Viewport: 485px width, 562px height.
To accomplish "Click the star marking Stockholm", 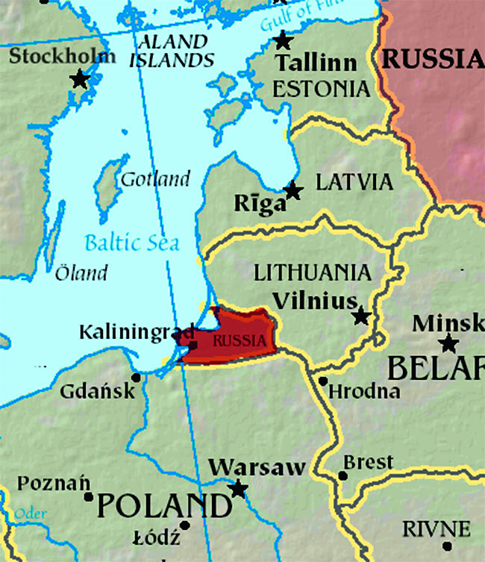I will click(79, 78).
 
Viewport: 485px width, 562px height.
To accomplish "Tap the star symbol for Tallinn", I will click(283, 40).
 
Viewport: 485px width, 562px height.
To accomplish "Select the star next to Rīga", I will click(293, 191).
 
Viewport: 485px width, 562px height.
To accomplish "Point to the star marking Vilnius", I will click(362, 316).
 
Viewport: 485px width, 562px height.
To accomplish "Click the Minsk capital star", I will click(448, 343).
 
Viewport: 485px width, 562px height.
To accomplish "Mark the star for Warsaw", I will click(238, 490).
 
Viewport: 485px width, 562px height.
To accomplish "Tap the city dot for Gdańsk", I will click(135, 377).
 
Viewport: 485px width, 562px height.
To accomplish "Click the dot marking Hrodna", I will click(322, 381).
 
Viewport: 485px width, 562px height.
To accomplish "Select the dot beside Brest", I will click(342, 475).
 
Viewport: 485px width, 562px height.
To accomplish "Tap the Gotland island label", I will click(155, 179).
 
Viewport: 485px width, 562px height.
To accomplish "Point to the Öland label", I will click(81, 272).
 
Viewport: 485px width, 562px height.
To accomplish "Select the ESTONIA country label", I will click(321, 89).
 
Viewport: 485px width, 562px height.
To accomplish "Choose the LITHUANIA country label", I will click(312, 272).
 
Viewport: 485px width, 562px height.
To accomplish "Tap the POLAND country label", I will click(163, 506).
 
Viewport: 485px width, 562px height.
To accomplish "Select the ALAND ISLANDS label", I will click(172, 51).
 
